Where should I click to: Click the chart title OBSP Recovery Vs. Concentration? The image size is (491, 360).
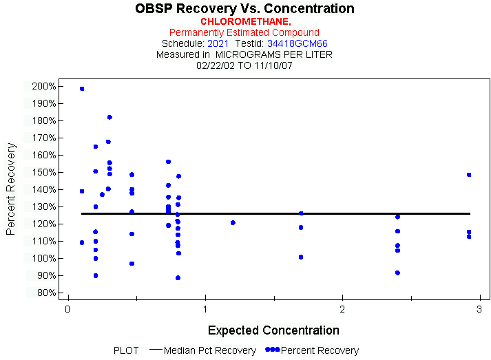pos(244,9)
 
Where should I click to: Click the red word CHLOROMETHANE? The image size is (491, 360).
pos(244,21)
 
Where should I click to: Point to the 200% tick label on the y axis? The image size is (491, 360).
pos(43,86)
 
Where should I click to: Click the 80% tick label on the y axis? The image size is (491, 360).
pos(45,293)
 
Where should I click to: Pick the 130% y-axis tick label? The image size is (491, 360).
pos(43,207)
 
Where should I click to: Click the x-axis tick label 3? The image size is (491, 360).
pos(479,309)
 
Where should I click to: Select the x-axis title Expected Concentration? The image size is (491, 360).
pos(273,330)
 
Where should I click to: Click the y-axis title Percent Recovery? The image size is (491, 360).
pos(11,189)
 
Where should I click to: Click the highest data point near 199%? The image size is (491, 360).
pos(82,89)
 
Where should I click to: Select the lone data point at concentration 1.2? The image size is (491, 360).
pos(233,222)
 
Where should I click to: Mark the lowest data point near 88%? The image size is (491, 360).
pos(178,278)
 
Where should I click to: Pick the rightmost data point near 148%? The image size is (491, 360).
pos(469,175)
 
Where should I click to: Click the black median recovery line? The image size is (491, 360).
pos(275,213)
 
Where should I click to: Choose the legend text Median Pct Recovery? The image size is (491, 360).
pos(210,350)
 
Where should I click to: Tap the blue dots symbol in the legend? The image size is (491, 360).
pos(273,350)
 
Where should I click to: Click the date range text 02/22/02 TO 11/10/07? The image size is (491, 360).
pos(244,65)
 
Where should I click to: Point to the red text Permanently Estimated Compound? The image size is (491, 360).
pos(244,32)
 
